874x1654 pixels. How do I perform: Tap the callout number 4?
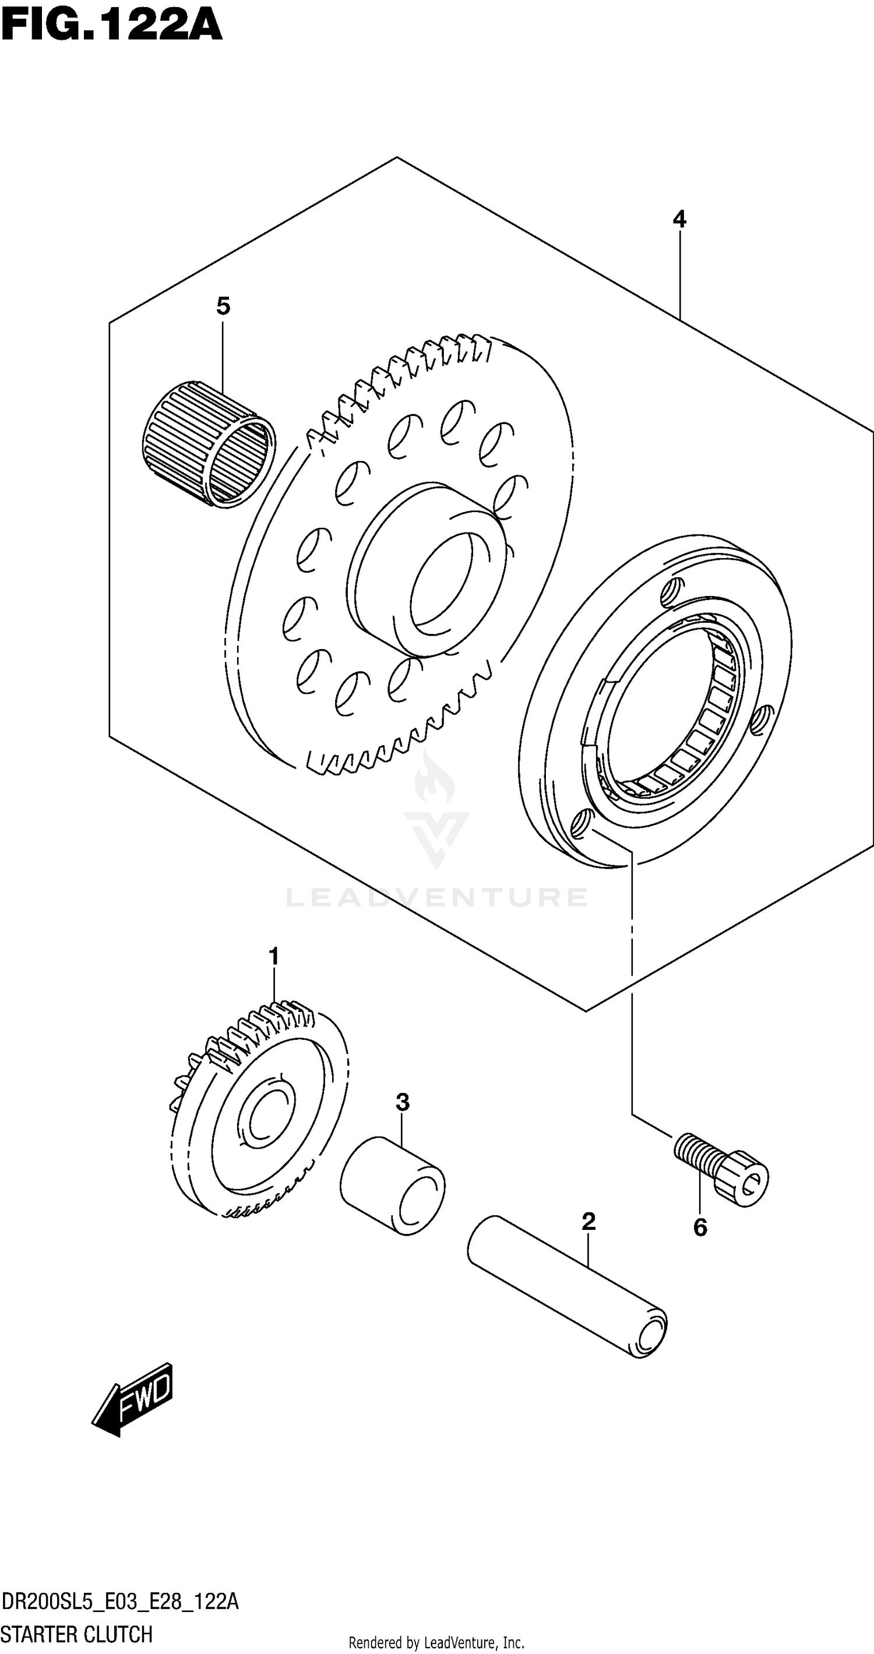pos(679,220)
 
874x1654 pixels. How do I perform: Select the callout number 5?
pos(223,306)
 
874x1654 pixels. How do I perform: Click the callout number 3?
pos(402,1102)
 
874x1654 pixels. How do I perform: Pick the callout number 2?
pos(588,1221)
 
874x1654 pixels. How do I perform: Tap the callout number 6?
pos(700,1228)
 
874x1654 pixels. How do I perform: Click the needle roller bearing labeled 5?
pos(207,443)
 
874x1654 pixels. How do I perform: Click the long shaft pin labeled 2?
pos(567,1286)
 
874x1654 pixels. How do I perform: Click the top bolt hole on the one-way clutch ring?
pos(672,590)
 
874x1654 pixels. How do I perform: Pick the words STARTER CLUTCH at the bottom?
pos(77,1634)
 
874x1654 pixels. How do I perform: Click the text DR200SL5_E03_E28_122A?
pos(120,1602)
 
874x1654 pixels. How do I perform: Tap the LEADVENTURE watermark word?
pos(436,897)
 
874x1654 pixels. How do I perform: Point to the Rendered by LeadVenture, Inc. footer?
pos(436,1642)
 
